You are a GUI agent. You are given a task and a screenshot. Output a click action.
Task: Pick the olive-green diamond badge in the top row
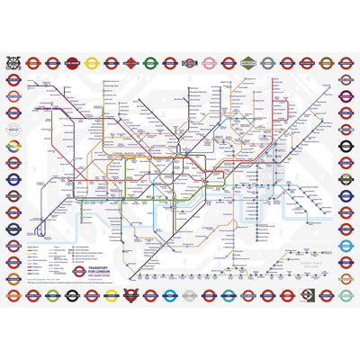click(248, 63)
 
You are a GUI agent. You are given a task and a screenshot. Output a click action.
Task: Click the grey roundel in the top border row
click(268, 63)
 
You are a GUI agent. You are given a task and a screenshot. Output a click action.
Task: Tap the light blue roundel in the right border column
click(346, 245)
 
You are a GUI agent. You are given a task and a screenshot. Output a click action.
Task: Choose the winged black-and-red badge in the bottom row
click(130, 295)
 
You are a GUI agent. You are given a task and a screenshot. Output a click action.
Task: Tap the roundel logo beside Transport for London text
click(79, 271)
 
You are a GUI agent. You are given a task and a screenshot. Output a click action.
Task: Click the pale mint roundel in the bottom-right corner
click(346, 295)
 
